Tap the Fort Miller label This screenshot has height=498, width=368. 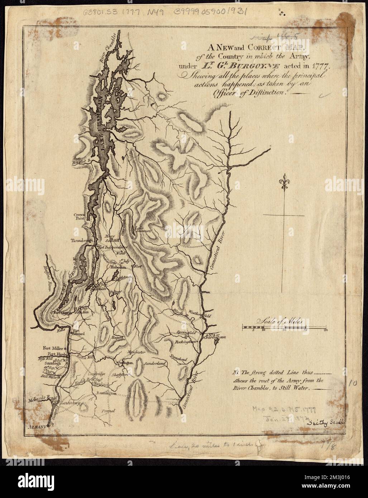pyautogui.click(x=53, y=348)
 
